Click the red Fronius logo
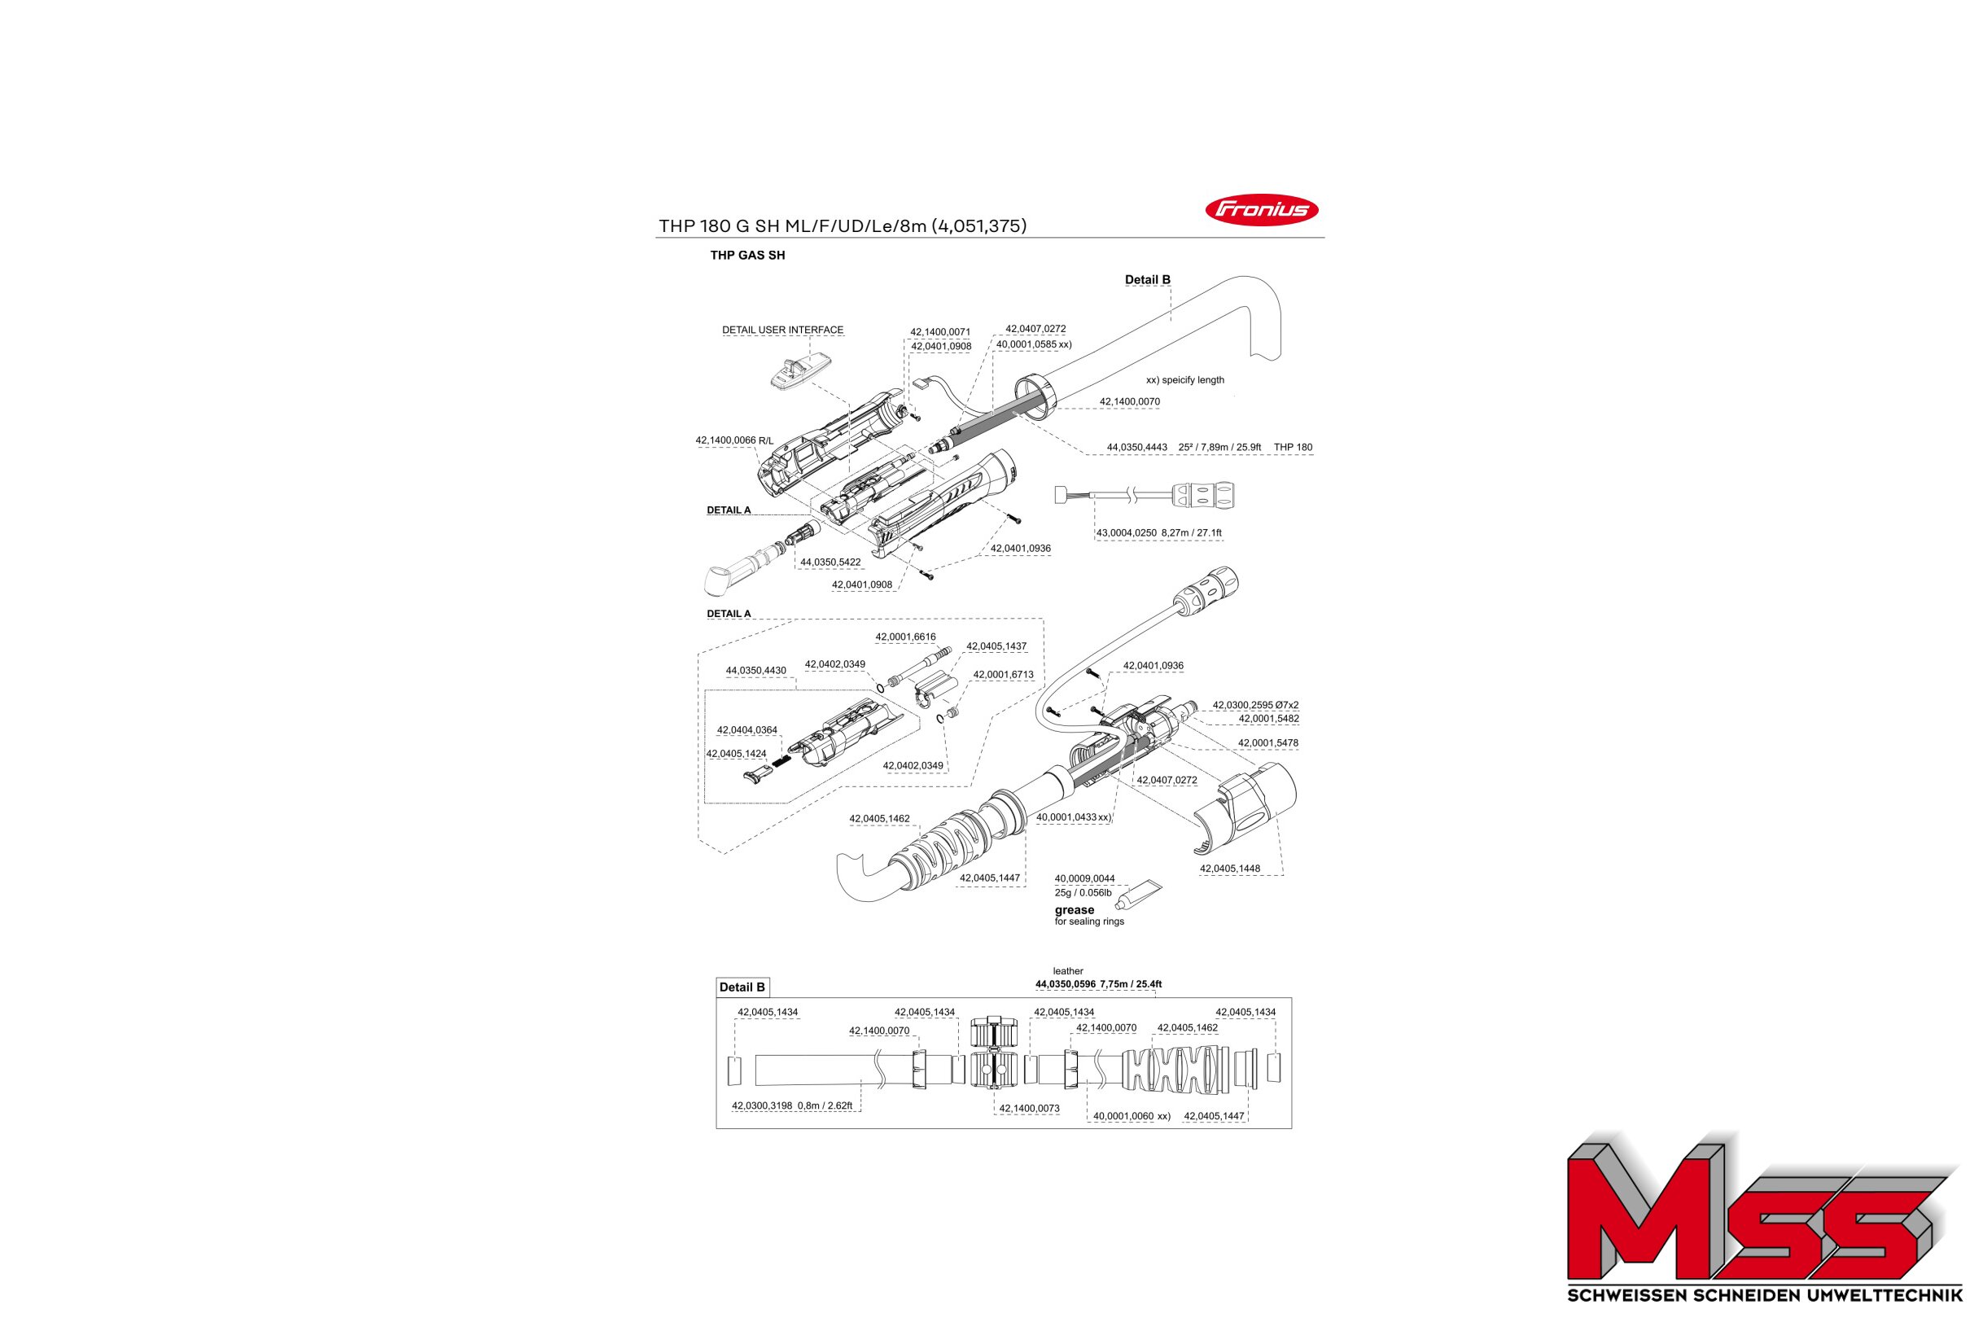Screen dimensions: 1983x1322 pos(1261,210)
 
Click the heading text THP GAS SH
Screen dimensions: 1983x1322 pos(747,256)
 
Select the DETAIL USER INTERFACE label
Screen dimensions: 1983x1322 pos(782,330)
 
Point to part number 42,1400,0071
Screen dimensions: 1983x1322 pos(940,332)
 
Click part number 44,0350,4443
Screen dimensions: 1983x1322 pos(1136,447)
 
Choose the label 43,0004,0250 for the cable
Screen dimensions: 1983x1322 pos(1127,533)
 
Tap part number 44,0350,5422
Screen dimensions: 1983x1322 pos(830,563)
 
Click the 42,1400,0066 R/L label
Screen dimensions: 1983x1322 pos(734,441)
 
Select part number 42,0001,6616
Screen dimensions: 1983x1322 pos(905,637)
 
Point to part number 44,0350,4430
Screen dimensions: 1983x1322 pos(756,671)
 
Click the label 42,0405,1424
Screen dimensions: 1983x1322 pos(736,754)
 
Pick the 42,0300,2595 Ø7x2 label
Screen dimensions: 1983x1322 pos(1255,705)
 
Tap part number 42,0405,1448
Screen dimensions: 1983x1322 pos(1230,869)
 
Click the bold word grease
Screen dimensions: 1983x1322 pos(1075,910)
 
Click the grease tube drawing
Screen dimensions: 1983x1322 pos(1136,895)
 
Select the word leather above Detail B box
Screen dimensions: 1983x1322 pos(1068,971)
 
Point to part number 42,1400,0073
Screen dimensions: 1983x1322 pos(1030,1109)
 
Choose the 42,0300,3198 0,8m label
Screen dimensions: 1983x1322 pos(792,1105)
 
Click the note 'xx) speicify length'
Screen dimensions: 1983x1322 pos(1184,380)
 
